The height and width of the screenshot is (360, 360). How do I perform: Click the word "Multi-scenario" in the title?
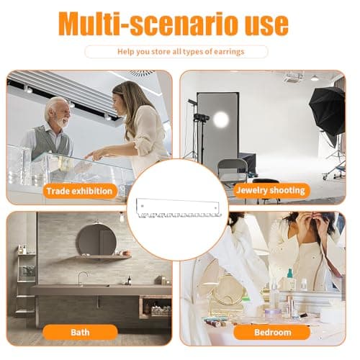[x=148, y=24]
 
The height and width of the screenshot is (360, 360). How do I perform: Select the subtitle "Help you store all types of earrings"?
[x=181, y=52]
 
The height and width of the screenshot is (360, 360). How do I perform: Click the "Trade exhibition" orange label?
[x=80, y=191]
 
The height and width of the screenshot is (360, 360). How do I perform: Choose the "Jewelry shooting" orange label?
[x=271, y=190]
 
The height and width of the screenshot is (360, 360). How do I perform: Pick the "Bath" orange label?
[x=80, y=333]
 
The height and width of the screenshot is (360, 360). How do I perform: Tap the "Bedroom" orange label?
[x=272, y=333]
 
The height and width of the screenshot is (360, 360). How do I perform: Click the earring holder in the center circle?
[x=179, y=208]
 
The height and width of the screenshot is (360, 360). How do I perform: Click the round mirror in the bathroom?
[x=96, y=240]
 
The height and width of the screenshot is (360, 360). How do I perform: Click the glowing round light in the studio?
[x=221, y=120]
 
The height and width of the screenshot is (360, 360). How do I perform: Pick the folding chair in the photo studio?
[x=233, y=174]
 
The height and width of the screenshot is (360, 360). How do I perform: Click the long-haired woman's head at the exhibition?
[x=125, y=96]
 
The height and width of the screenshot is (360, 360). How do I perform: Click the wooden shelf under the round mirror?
[x=103, y=257]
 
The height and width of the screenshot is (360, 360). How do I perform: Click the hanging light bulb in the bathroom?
[x=122, y=217]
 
